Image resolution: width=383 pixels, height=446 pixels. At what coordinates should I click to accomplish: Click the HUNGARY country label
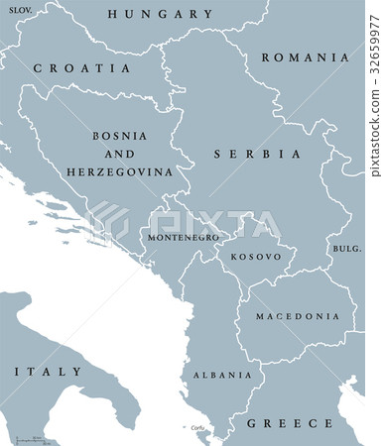click(x=160, y=15)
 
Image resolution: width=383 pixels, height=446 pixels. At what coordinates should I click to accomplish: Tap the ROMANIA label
click(x=305, y=57)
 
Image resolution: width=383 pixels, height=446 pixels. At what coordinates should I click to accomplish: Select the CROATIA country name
click(x=81, y=68)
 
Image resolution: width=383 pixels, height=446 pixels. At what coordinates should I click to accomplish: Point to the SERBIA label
click(x=256, y=155)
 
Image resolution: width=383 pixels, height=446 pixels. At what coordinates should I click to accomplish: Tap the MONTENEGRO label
click(x=182, y=239)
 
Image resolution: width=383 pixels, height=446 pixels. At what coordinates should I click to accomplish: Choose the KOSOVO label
click(x=256, y=257)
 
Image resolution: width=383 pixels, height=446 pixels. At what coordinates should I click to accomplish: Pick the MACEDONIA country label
click(x=298, y=317)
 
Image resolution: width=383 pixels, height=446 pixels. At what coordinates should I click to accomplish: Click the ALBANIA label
click(x=222, y=375)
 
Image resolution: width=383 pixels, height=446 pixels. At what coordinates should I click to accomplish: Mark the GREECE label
click(x=292, y=423)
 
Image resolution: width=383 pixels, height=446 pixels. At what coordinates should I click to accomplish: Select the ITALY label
click(x=48, y=371)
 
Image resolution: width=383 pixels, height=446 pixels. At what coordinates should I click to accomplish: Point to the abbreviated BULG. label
click(x=347, y=248)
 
